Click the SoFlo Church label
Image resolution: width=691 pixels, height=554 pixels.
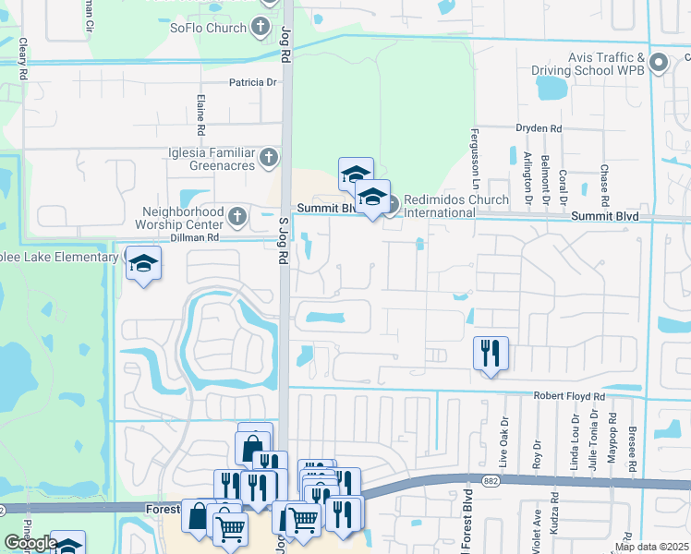tap(208, 27)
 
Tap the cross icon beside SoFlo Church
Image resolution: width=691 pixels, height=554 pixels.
tap(263, 26)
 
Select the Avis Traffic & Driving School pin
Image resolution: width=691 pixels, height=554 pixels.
tap(659, 63)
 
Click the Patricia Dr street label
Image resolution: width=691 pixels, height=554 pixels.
tap(253, 81)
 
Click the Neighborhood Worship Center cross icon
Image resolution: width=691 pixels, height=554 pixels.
tap(237, 217)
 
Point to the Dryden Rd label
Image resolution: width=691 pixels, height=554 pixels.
tap(538, 128)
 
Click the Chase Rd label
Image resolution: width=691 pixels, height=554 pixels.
tap(604, 186)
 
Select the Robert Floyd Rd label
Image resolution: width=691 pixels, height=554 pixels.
tap(569, 396)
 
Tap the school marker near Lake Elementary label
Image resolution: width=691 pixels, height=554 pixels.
tap(143, 265)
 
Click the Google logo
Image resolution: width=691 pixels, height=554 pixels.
tap(31, 543)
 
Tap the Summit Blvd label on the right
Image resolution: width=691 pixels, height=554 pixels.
tap(604, 215)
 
